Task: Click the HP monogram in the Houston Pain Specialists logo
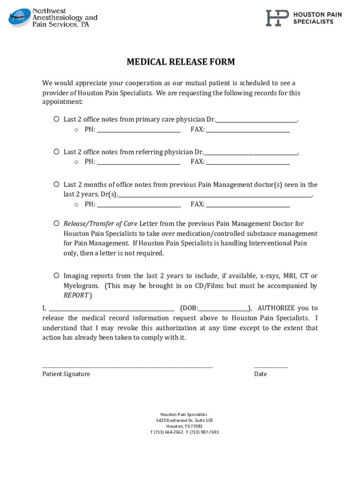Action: click(x=277, y=18)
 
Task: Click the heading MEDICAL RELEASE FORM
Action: click(x=180, y=62)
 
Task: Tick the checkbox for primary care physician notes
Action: click(x=56, y=119)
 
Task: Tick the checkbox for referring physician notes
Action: click(x=56, y=152)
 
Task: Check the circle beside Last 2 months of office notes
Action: click(x=56, y=184)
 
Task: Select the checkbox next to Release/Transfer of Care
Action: click(x=56, y=224)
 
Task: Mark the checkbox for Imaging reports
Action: click(x=56, y=276)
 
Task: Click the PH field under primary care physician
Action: click(x=138, y=130)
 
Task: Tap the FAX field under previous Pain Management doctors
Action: click(x=248, y=205)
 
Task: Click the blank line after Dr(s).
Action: click(x=215, y=195)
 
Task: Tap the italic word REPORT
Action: click(x=76, y=295)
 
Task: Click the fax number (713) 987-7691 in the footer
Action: click(x=204, y=432)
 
